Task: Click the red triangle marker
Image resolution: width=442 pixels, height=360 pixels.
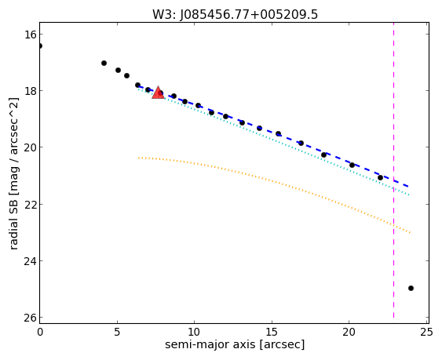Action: [158, 93]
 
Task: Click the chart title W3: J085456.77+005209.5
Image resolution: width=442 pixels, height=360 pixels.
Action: [235, 14]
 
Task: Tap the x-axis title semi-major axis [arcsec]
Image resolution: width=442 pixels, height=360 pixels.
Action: [235, 344]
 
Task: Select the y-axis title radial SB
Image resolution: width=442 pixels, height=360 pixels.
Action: [13, 222]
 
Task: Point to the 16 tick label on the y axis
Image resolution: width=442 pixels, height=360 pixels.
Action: [30, 35]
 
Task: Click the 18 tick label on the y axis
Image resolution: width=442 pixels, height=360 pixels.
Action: [30, 91]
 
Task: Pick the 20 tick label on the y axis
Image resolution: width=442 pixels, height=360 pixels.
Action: [30, 147]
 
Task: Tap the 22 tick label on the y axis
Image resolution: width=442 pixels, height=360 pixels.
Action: [30, 204]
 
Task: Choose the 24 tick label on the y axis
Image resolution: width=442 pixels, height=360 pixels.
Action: [30, 261]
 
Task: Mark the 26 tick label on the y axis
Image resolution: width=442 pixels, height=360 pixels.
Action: [30, 318]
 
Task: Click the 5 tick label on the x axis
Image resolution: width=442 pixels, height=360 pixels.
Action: [117, 333]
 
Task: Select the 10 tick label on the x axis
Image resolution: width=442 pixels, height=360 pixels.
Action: [194, 333]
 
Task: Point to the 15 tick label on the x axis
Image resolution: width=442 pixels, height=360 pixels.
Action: [272, 333]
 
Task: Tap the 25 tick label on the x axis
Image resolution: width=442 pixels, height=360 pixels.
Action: [426, 333]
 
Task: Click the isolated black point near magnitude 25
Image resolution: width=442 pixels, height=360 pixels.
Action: [411, 288]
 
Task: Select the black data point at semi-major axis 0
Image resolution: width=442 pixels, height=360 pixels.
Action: [40, 45]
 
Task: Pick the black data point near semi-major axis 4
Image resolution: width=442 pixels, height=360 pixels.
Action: [104, 63]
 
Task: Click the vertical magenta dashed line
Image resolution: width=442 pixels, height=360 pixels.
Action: [393, 173]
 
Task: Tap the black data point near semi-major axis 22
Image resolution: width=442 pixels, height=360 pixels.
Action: [380, 177]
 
